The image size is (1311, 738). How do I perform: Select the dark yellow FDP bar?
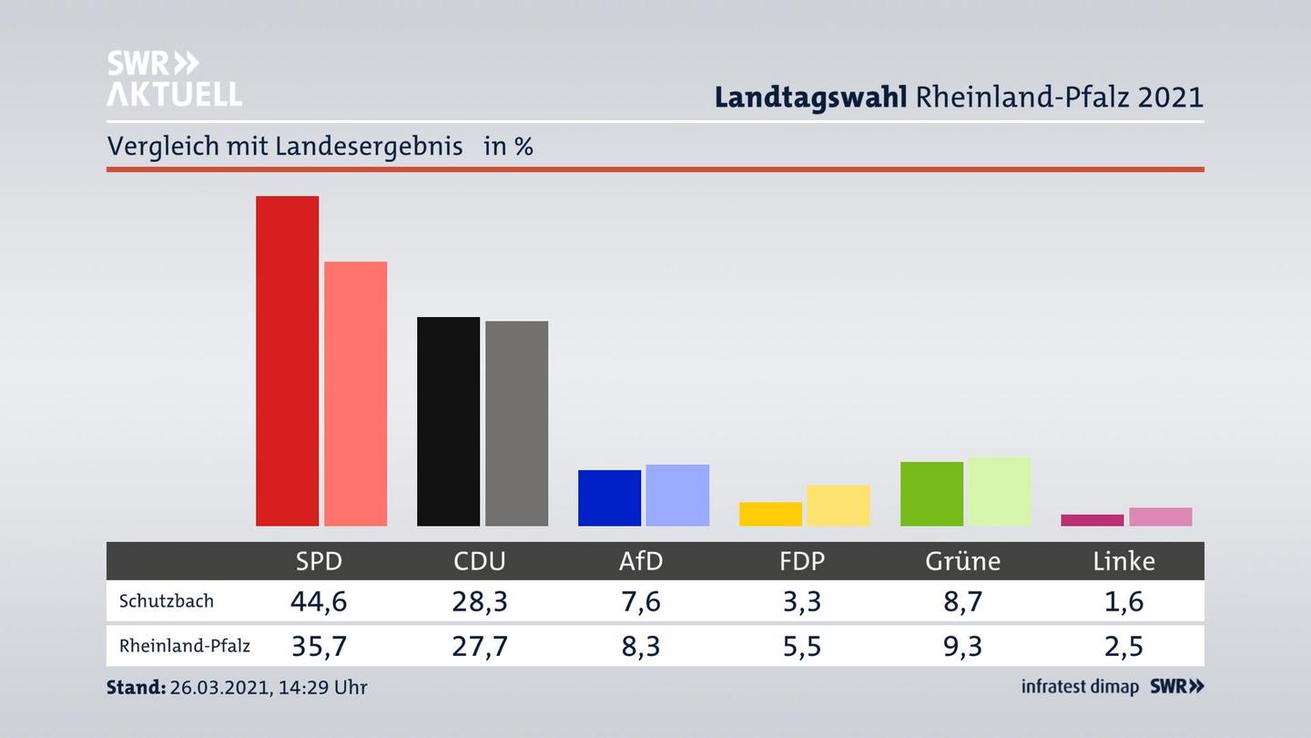770,514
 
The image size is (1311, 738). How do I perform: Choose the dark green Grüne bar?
931,494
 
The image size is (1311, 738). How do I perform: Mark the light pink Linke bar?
1160,517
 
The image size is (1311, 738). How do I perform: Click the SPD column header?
319,561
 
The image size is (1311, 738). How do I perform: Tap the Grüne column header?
962,561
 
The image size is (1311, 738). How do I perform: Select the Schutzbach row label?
167,601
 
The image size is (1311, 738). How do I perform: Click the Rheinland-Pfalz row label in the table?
185,646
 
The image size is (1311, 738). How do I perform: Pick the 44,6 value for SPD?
319,601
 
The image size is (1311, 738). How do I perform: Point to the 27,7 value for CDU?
480,646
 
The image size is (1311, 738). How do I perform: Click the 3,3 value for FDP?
801,601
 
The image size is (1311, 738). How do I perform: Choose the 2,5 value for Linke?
1123,646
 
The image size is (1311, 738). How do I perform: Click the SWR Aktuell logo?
174,78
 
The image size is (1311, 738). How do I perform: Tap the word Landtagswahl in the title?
810,97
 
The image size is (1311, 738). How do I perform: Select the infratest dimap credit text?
1080,687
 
